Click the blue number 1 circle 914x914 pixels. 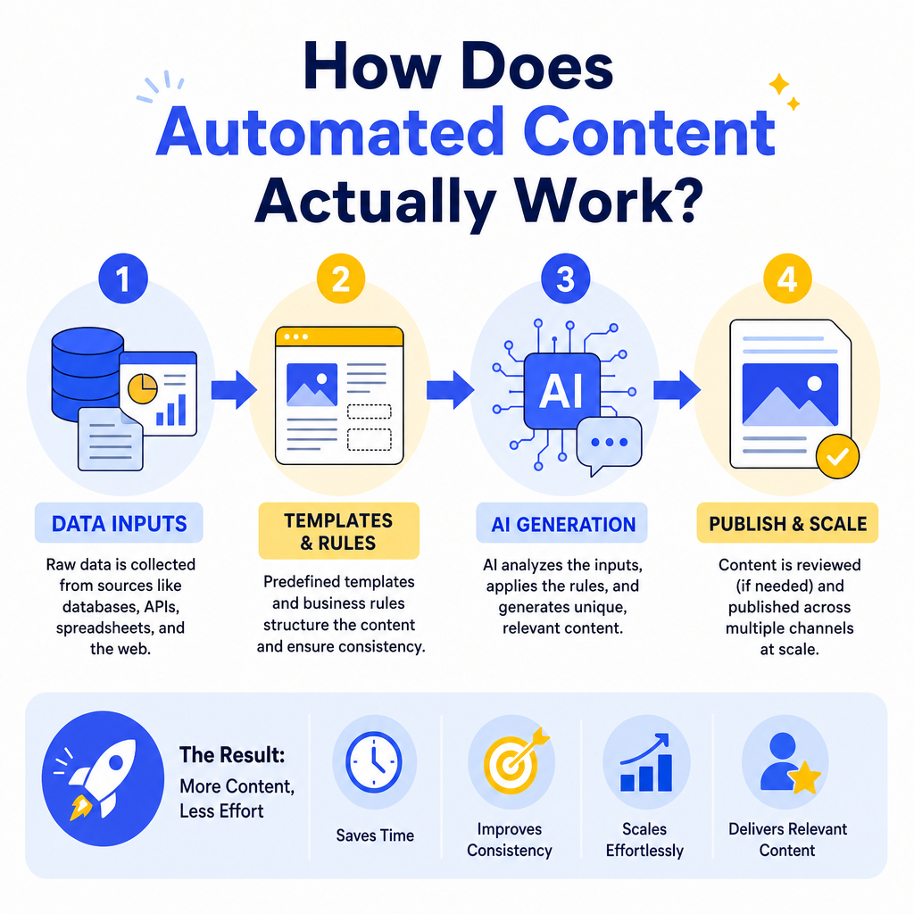[x=123, y=278]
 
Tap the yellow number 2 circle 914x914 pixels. [x=341, y=278]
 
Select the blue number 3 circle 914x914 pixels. [x=565, y=278]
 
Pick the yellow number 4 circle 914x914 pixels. [x=787, y=278]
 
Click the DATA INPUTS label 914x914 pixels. [x=119, y=523]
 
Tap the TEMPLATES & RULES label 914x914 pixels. [x=338, y=531]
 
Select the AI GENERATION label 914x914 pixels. [x=562, y=523]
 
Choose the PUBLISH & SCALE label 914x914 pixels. [x=787, y=523]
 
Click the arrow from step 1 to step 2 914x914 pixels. [x=234, y=389]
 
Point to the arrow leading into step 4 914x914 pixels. [x=677, y=389]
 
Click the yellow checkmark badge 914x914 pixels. [x=837, y=456]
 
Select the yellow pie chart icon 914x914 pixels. [x=142, y=389]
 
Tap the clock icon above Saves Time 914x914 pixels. [x=374, y=762]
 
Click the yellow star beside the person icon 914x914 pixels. [x=804, y=777]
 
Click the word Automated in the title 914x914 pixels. [x=330, y=132]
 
